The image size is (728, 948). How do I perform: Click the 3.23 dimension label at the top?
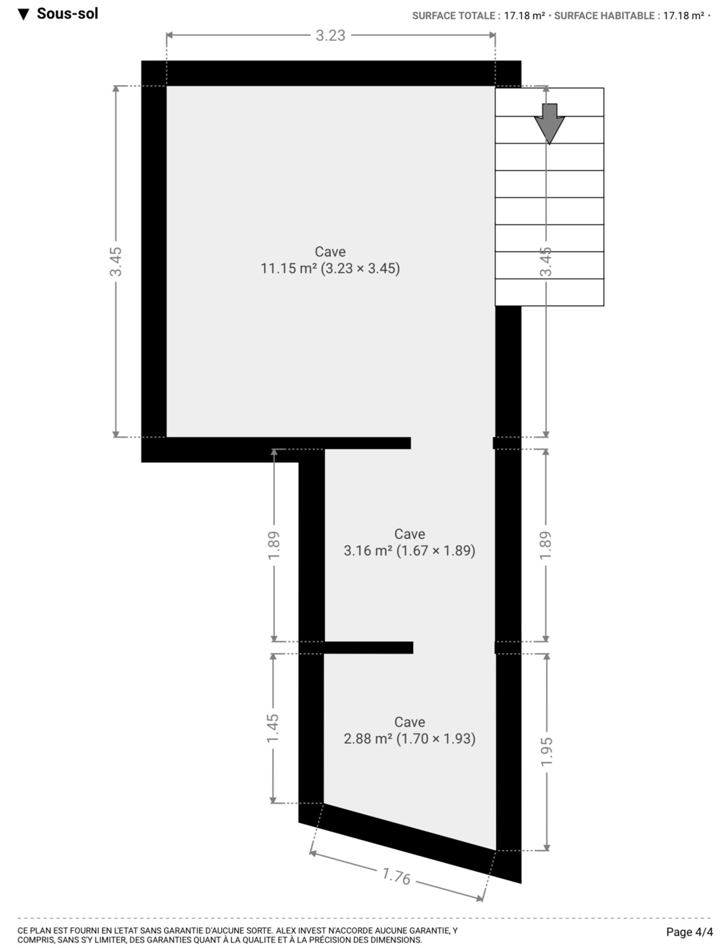[331, 36]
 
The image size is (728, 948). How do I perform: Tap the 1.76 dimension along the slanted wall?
[397, 876]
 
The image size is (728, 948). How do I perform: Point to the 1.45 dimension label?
[273, 728]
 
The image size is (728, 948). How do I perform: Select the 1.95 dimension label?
[546, 750]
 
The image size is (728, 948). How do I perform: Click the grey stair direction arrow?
[550, 124]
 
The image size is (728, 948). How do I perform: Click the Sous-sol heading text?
[68, 14]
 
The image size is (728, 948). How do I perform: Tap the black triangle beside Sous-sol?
[24, 15]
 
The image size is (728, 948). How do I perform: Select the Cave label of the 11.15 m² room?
[330, 251]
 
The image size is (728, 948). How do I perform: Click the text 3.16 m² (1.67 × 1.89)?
[410, 550]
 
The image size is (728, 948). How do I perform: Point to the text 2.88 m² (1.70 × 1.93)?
[410, 739]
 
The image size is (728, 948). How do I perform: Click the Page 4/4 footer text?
[690, 932]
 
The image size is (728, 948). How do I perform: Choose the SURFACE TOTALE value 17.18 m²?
[525, 16]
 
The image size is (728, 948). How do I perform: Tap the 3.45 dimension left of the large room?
[116, 262]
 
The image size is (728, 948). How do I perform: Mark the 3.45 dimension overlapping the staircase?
[546, 262]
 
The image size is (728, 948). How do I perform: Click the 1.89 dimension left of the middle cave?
[274, 545]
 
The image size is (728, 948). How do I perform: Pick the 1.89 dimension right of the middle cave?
[546, 545]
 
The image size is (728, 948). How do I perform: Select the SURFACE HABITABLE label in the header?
[604, 16]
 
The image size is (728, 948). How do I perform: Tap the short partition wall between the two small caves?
[368, 647]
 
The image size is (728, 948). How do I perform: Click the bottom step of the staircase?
[549, 292]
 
